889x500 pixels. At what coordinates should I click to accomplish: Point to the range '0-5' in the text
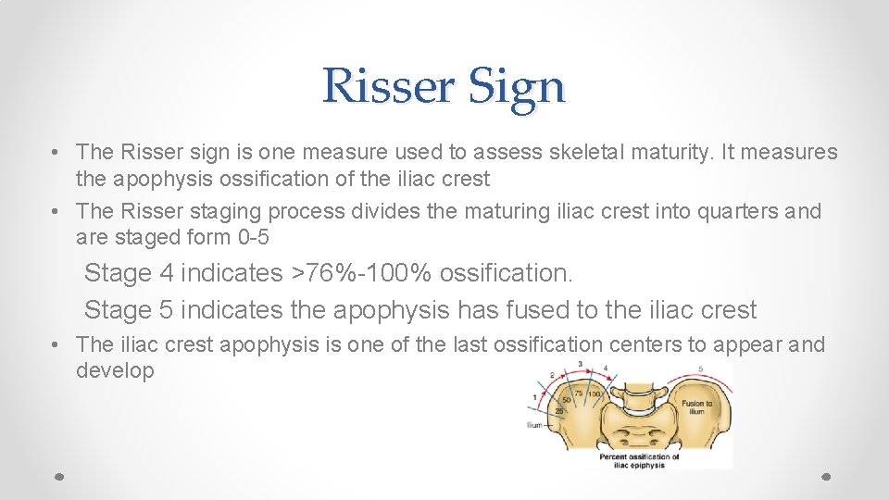pos(253,237)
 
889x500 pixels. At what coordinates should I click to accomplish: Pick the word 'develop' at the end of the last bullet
pos(115,370)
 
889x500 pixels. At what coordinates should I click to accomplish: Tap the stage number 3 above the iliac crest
pos(581,364)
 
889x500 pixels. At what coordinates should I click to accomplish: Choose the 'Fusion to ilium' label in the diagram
pos(696,407)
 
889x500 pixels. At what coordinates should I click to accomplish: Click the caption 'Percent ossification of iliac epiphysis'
pos(638,460)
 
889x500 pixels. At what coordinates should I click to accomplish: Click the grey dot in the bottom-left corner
pos(58,476)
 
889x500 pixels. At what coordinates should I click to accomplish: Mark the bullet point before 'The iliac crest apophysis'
pos(57,345)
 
